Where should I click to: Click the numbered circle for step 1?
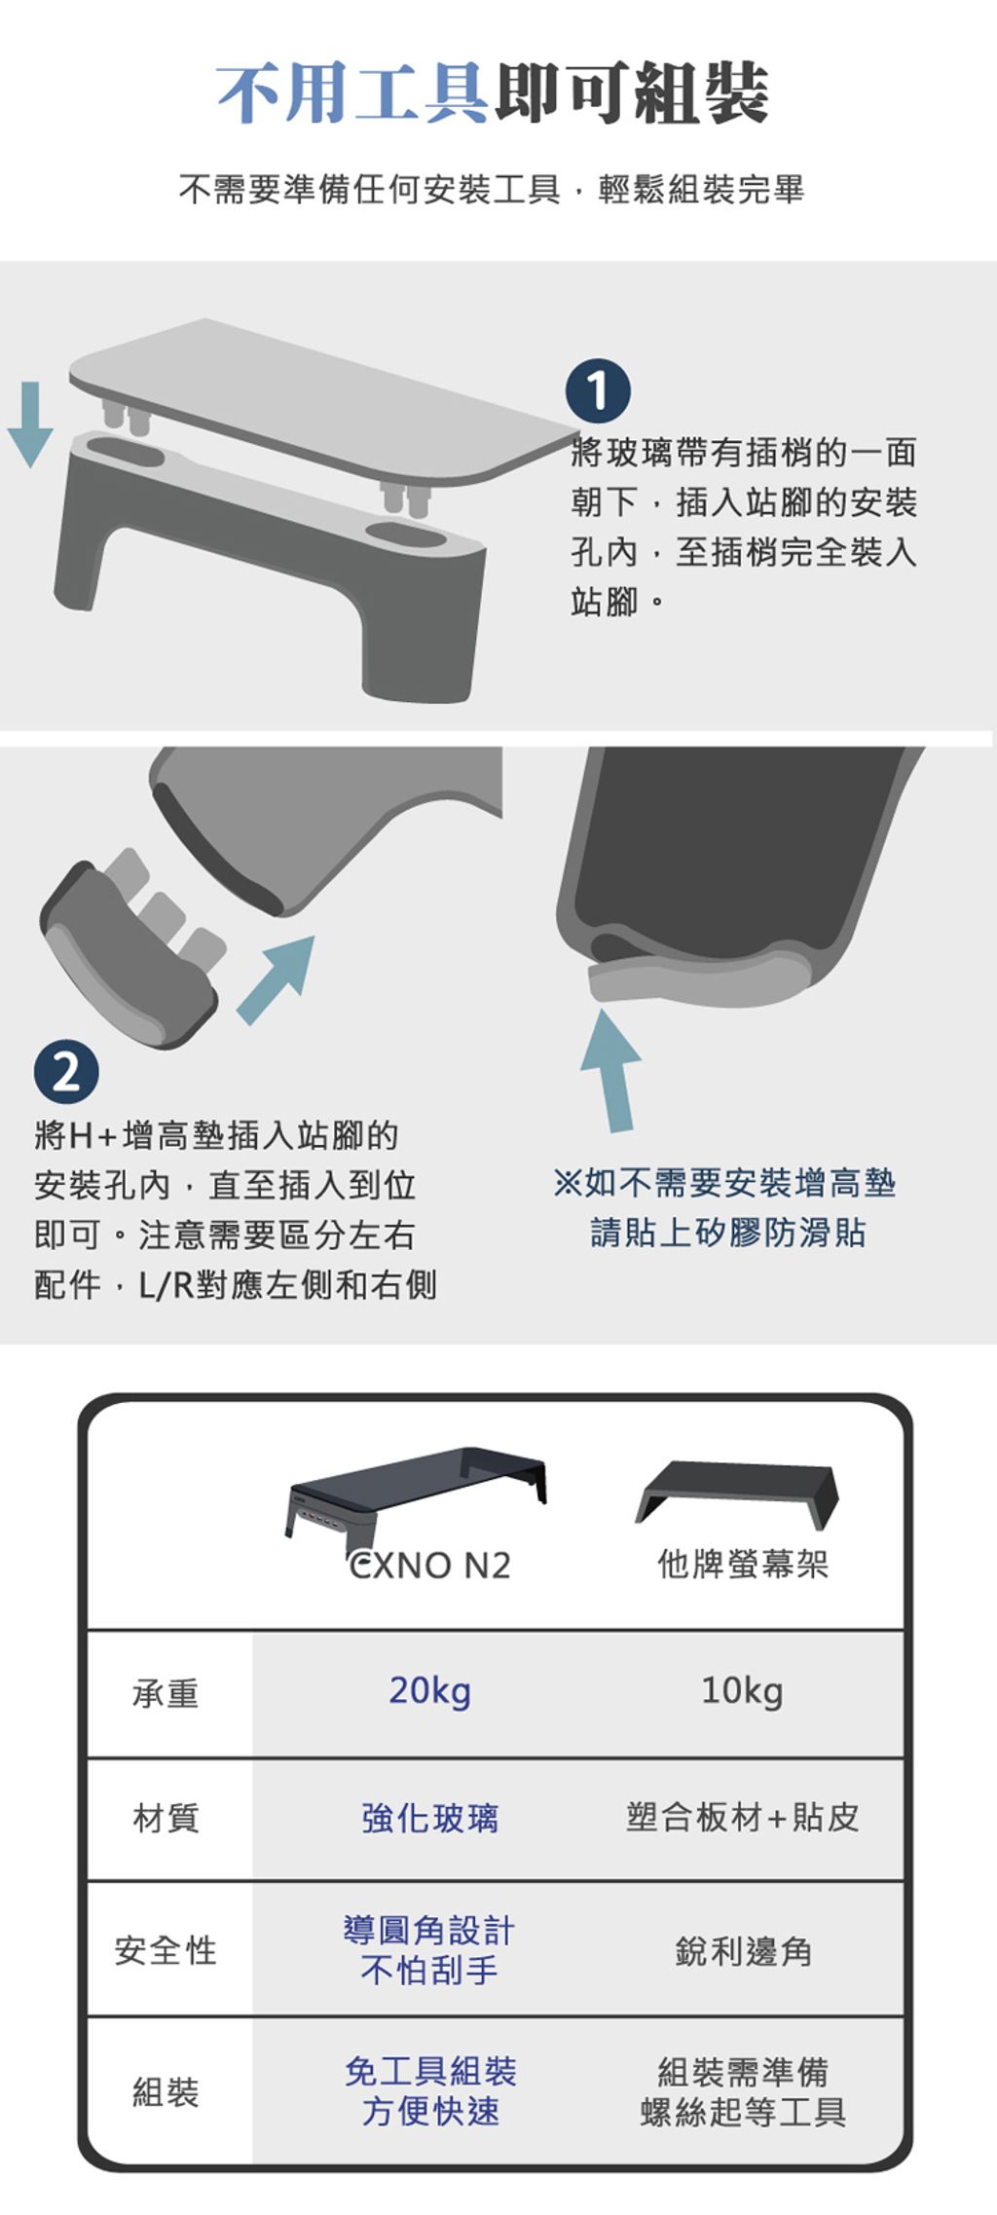tap(598, 391)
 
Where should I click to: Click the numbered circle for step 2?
tap(66, 1074)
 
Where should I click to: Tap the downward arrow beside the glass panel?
tap(30, 425)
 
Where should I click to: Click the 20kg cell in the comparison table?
tap(430, 1691)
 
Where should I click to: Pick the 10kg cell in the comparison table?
tap(742, 1691)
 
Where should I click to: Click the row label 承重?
tap(166, 1694)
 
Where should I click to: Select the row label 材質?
tap(166, 1818)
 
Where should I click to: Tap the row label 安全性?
tap(166, 1950)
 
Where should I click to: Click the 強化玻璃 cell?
tap(430, 1818)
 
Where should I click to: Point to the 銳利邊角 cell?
tap(743, 1951)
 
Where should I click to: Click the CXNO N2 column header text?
tap(429, 1566)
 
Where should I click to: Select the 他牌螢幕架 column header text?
tap(743, 1565)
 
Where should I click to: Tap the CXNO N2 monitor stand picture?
tap(416, 1500)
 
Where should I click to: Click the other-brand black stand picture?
tap(737, 1495)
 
